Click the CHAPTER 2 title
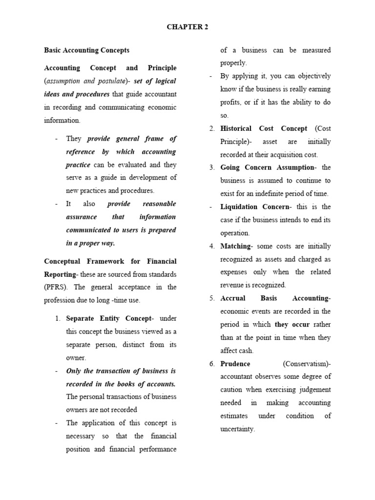click(187, 27)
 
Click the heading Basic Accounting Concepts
click(86, 50)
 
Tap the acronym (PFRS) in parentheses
click(55, 287)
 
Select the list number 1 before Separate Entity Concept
click(58, 318)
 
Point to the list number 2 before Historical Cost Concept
click(212, 128)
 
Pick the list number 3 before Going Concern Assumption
click(212, 167)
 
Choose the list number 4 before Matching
click(212, 246)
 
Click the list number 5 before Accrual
click(212, 298)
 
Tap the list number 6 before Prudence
click(212, 364)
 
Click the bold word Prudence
click(235, 364)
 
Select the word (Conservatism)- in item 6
click(307, 364)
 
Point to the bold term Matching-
click(237, 246)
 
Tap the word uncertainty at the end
click(238, 429)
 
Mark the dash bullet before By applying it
click(210, 76)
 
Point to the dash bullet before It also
click(56, 204)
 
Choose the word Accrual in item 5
click(233, 298)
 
